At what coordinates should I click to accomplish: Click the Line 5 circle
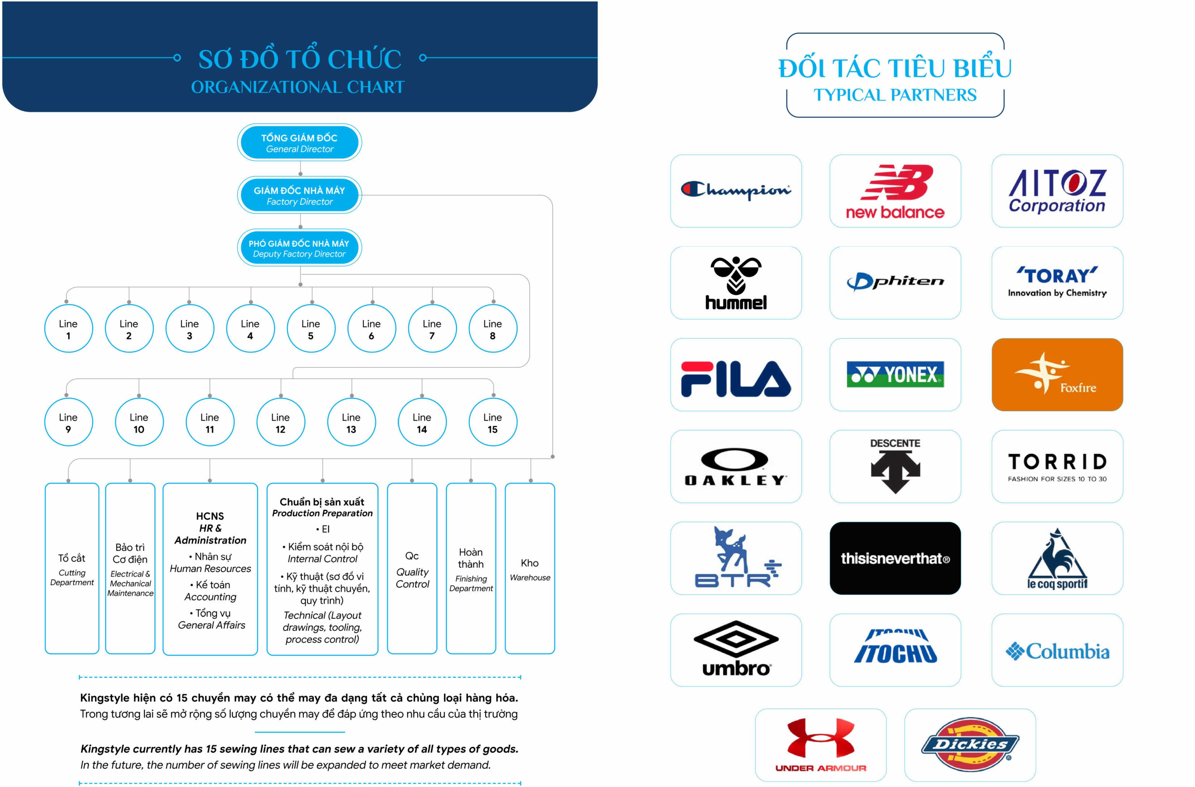tap(311, 329)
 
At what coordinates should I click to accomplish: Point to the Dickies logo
tap(970, 744)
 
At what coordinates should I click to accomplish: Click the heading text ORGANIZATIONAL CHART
tap(298, 87)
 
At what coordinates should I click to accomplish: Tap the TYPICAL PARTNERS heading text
tap(895, 95)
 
